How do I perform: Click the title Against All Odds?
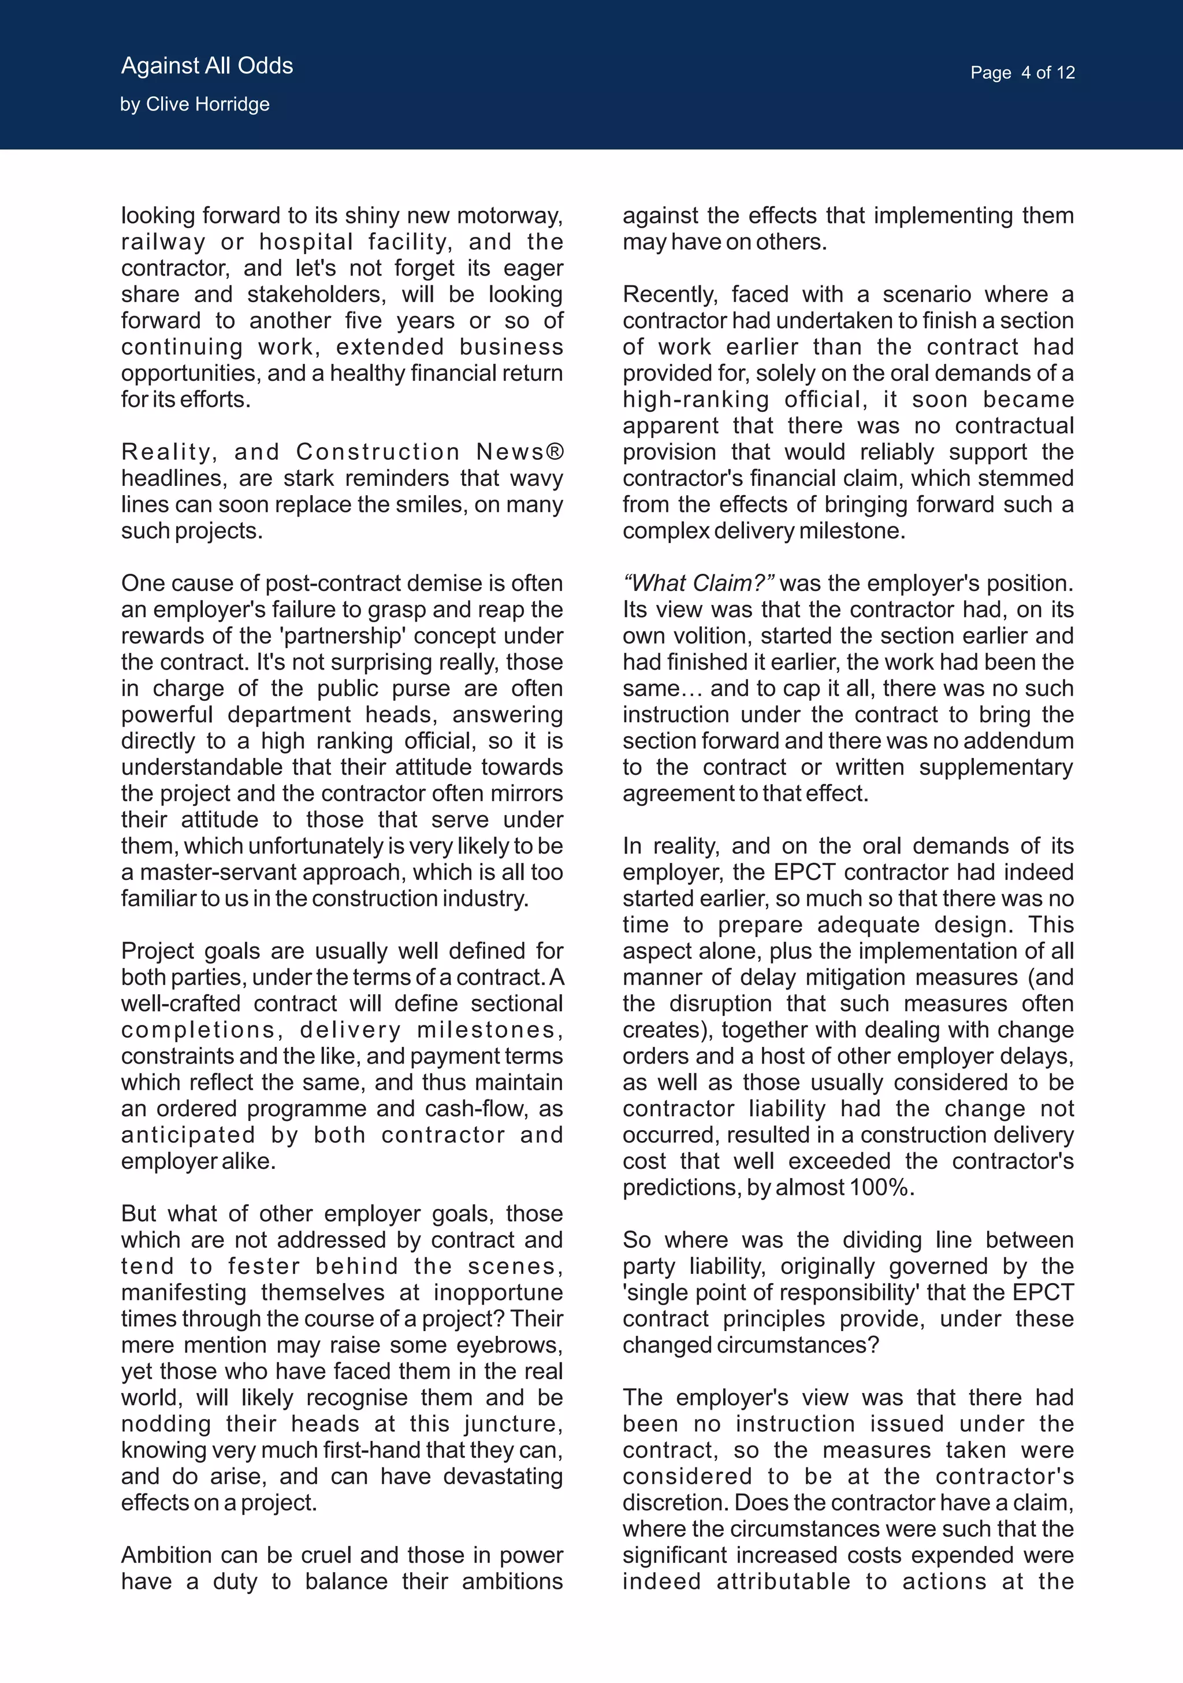tap(207, 66)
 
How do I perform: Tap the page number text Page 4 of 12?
tap(1022, 73)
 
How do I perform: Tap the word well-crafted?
tap(182, 1004)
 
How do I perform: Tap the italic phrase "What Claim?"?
tap(698, 584)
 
